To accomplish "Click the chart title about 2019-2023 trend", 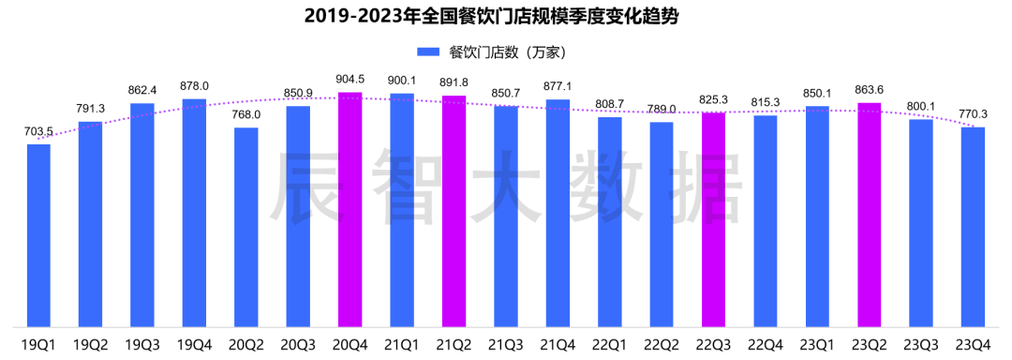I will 505,17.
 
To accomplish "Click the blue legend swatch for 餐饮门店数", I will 428,52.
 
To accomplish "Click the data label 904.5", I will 350,80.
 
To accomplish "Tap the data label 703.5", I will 38,132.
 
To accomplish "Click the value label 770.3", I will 973,114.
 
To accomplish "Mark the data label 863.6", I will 869,90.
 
